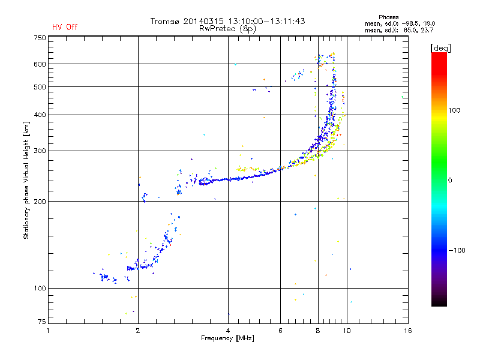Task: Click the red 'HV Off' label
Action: (x=65, y=27)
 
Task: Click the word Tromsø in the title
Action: (x=166, y=21)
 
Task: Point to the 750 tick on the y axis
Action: (x=40, y=38)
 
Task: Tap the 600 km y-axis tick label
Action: (x=40, y=64)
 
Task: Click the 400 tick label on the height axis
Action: (x=40, y=115)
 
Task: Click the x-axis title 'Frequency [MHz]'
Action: (x=227, y=338)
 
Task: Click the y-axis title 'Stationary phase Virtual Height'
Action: (x=26, y=179)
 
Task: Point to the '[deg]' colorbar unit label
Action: (x=441, y=47)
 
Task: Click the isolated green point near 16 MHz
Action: (x=403, y=97)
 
